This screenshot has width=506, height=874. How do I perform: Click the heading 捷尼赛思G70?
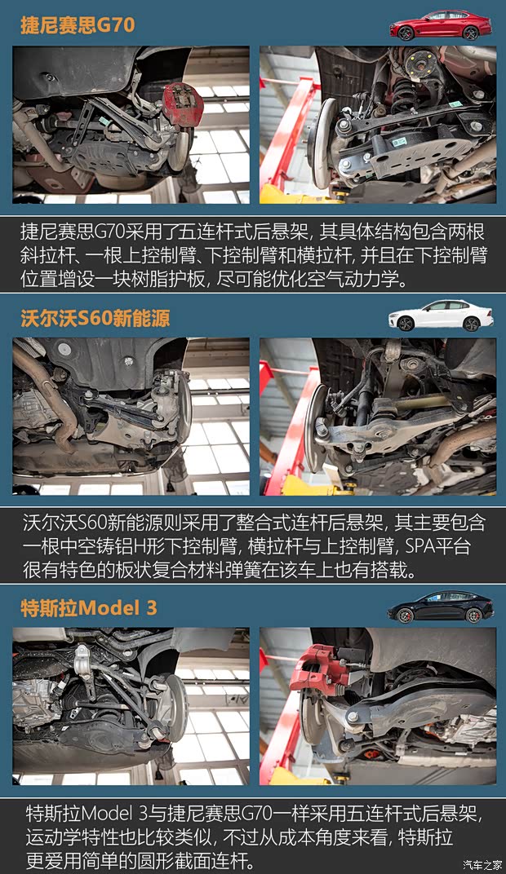point(78,24)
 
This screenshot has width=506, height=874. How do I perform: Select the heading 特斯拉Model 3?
point(89,607)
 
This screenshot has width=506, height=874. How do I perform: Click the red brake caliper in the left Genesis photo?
point(180,101)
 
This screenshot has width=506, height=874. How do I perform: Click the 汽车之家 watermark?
point(482,864)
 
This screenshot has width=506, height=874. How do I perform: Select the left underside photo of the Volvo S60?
point(131,417)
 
